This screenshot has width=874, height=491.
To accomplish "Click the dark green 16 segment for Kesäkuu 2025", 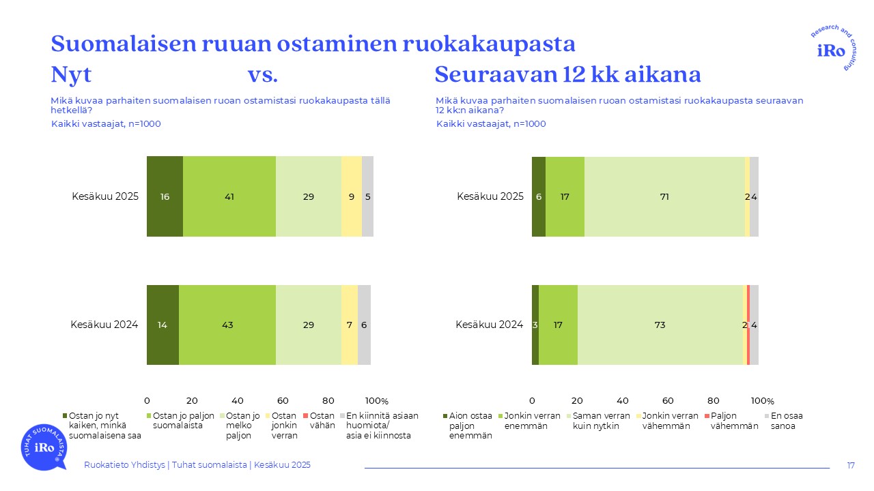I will tap(165, 196).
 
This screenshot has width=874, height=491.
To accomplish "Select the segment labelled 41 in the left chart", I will tap(229, 196).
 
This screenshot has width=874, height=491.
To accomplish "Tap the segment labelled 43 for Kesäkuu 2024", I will tap(227, 325).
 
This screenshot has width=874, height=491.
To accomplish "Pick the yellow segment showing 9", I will tap(351, 196).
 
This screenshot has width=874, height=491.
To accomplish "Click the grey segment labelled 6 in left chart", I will tap(364, 325).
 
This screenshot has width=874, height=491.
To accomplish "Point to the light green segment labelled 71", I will tap(664, 196).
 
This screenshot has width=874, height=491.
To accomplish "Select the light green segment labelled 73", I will tap(660, 325).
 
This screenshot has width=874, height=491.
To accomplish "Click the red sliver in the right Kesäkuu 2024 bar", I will tap(748, 325).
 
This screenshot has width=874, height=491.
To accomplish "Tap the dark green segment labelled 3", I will tap(535, 325).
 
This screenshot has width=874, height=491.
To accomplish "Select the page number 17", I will tap(851, 465).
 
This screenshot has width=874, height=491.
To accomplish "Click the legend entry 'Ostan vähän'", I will tap(323, 421).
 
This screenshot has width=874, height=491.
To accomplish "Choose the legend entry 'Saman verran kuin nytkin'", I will tap(601, 421).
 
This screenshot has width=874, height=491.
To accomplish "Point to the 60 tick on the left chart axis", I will tap(283, 401).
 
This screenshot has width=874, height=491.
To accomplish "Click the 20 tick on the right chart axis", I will tap(578, 401).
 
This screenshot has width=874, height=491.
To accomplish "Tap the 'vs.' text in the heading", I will tap(262, 74).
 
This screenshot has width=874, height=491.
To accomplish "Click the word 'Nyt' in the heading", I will tap(71, 74).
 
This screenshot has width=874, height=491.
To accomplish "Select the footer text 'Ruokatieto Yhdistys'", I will tap(124, 465).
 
